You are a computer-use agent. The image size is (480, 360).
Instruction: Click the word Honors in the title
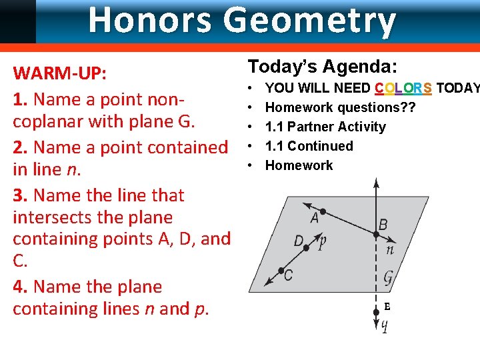(x=152, y=20)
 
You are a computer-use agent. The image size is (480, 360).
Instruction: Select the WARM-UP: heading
(x=59, y=73)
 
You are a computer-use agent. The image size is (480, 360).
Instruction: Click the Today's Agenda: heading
(x=323, y=66)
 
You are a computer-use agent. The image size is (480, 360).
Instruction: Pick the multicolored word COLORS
(x=403, y=88)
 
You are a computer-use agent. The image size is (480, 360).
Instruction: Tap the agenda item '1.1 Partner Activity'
(x=325, y=127)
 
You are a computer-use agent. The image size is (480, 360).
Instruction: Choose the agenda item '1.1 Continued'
(x=309, y=146)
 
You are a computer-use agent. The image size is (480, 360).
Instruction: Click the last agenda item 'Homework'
(x=299, y=165)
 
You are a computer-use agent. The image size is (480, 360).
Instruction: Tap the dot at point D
(x=307, y=248)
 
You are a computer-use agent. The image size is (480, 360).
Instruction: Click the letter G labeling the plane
(x=387, y=276)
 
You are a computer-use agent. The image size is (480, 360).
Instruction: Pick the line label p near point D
(x=322, y=242)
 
